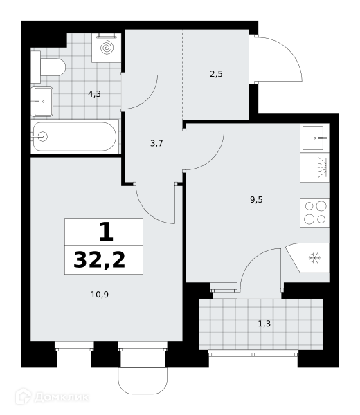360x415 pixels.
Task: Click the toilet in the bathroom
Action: (x=48, y=67)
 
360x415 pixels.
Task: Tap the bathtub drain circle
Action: (x=42, y=137)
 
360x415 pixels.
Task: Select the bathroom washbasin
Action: (x=42, y=102)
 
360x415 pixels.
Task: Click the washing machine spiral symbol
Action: (x=107, y=48)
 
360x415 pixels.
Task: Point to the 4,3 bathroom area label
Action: (x=94, y=93)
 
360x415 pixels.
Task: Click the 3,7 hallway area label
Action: (x=156, y=143)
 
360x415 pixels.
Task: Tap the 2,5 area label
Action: (x=216, y=74)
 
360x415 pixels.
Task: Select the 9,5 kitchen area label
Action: (x=256, y=200)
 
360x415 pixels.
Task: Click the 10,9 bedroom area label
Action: (x=100, y=295)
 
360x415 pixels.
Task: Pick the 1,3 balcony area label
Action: (x=264, y=324)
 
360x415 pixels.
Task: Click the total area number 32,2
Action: (x=99, y=260)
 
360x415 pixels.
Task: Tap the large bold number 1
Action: (x=106, y=232)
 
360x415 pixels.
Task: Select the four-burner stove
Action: (x=315, y=212)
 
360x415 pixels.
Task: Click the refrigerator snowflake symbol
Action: (x=315, y=258)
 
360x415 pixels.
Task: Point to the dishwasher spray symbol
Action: (x=322, y=167)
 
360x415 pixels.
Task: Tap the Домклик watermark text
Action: (x=62, y=398)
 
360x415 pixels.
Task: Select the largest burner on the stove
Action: (x=321, y=205)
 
